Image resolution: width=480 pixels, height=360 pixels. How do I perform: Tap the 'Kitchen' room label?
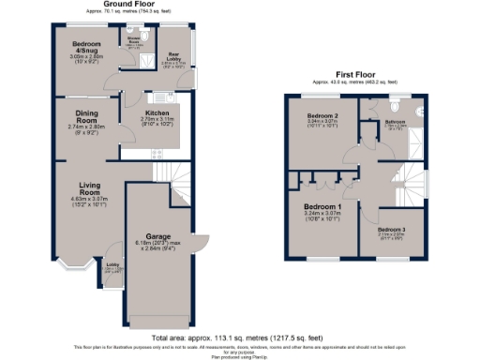click(157, 112)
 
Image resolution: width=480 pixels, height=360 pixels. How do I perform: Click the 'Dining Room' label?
click(86, 116)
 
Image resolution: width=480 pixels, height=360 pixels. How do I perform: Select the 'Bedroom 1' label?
click(321, 206)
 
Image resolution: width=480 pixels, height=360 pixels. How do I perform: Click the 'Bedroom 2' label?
click(322, 115)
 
